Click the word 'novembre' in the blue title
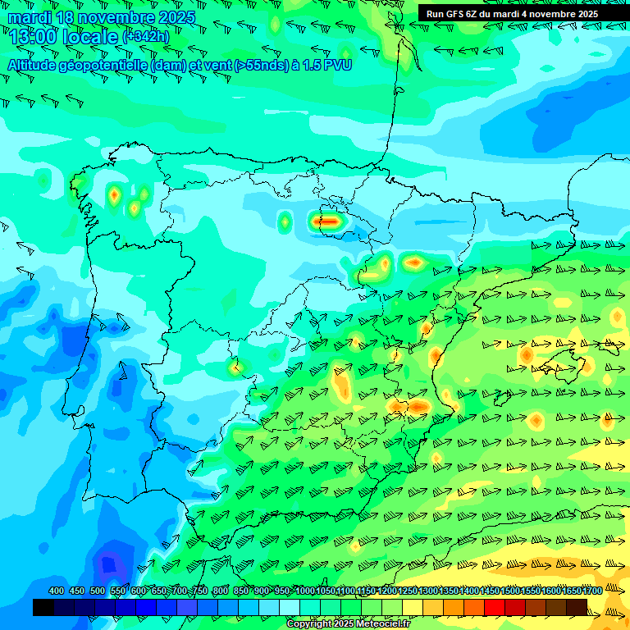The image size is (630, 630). pos(115,17)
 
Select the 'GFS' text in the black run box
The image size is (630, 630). pos(454,14)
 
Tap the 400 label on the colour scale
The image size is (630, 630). pos(57,591)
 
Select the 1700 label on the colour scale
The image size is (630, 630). pos(592,591)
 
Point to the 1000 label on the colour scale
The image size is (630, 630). pos(304,591)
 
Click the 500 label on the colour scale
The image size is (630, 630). pos(98,591)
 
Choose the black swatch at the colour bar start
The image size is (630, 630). pos(43,607)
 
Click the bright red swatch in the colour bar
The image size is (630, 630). pos(495,607)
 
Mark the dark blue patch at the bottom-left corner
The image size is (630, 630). pos(107,566)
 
